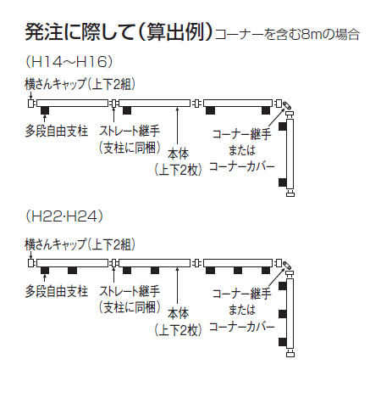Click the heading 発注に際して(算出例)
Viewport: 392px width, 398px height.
(119, 31)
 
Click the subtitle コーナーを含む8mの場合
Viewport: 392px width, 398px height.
(287, 35)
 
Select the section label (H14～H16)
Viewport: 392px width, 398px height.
(69, 62)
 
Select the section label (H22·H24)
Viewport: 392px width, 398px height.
(64, 216)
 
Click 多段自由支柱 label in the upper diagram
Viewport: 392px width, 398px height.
(57, 131)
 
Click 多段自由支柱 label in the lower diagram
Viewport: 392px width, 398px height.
(57, 291)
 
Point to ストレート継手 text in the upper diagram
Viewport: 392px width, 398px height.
(130, 131)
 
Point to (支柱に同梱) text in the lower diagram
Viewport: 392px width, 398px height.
(130, 307)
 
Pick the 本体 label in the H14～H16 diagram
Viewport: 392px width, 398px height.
(178, 154)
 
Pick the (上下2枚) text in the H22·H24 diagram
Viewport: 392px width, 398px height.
(178, 330)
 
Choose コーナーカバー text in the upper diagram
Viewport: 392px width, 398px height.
(242, 166)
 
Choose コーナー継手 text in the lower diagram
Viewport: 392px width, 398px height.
(242, 294)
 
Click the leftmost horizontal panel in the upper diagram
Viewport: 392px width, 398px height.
(72, 103)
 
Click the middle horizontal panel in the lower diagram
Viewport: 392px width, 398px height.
(154, 263)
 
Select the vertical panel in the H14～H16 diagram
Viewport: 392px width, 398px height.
(290, 154)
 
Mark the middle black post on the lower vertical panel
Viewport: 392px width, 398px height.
(283, 314)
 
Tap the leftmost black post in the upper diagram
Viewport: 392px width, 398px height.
(45, 110)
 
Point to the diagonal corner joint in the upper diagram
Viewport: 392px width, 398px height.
(288, 106)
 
